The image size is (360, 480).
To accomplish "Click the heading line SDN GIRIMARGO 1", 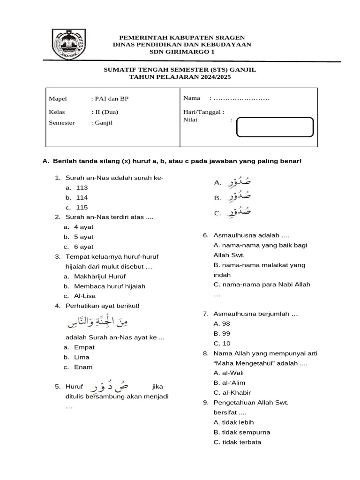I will click(182, 52).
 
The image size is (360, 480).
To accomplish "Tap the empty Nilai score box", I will click(275, 127).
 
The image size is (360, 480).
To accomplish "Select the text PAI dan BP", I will click(112, 99).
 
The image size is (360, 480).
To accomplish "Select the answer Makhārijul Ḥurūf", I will click(99, 277).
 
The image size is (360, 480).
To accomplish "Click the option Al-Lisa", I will click(85, 296).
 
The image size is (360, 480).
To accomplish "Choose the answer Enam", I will click(83, 367).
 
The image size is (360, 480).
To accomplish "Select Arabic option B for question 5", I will click(232, 197).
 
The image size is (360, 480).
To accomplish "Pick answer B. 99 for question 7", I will click(221, 333).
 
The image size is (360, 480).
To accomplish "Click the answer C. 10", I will click(221, 344).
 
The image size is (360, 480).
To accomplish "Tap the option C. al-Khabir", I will click(232, 393).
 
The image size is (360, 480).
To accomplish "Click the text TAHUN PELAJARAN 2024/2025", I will click(180, 77).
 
